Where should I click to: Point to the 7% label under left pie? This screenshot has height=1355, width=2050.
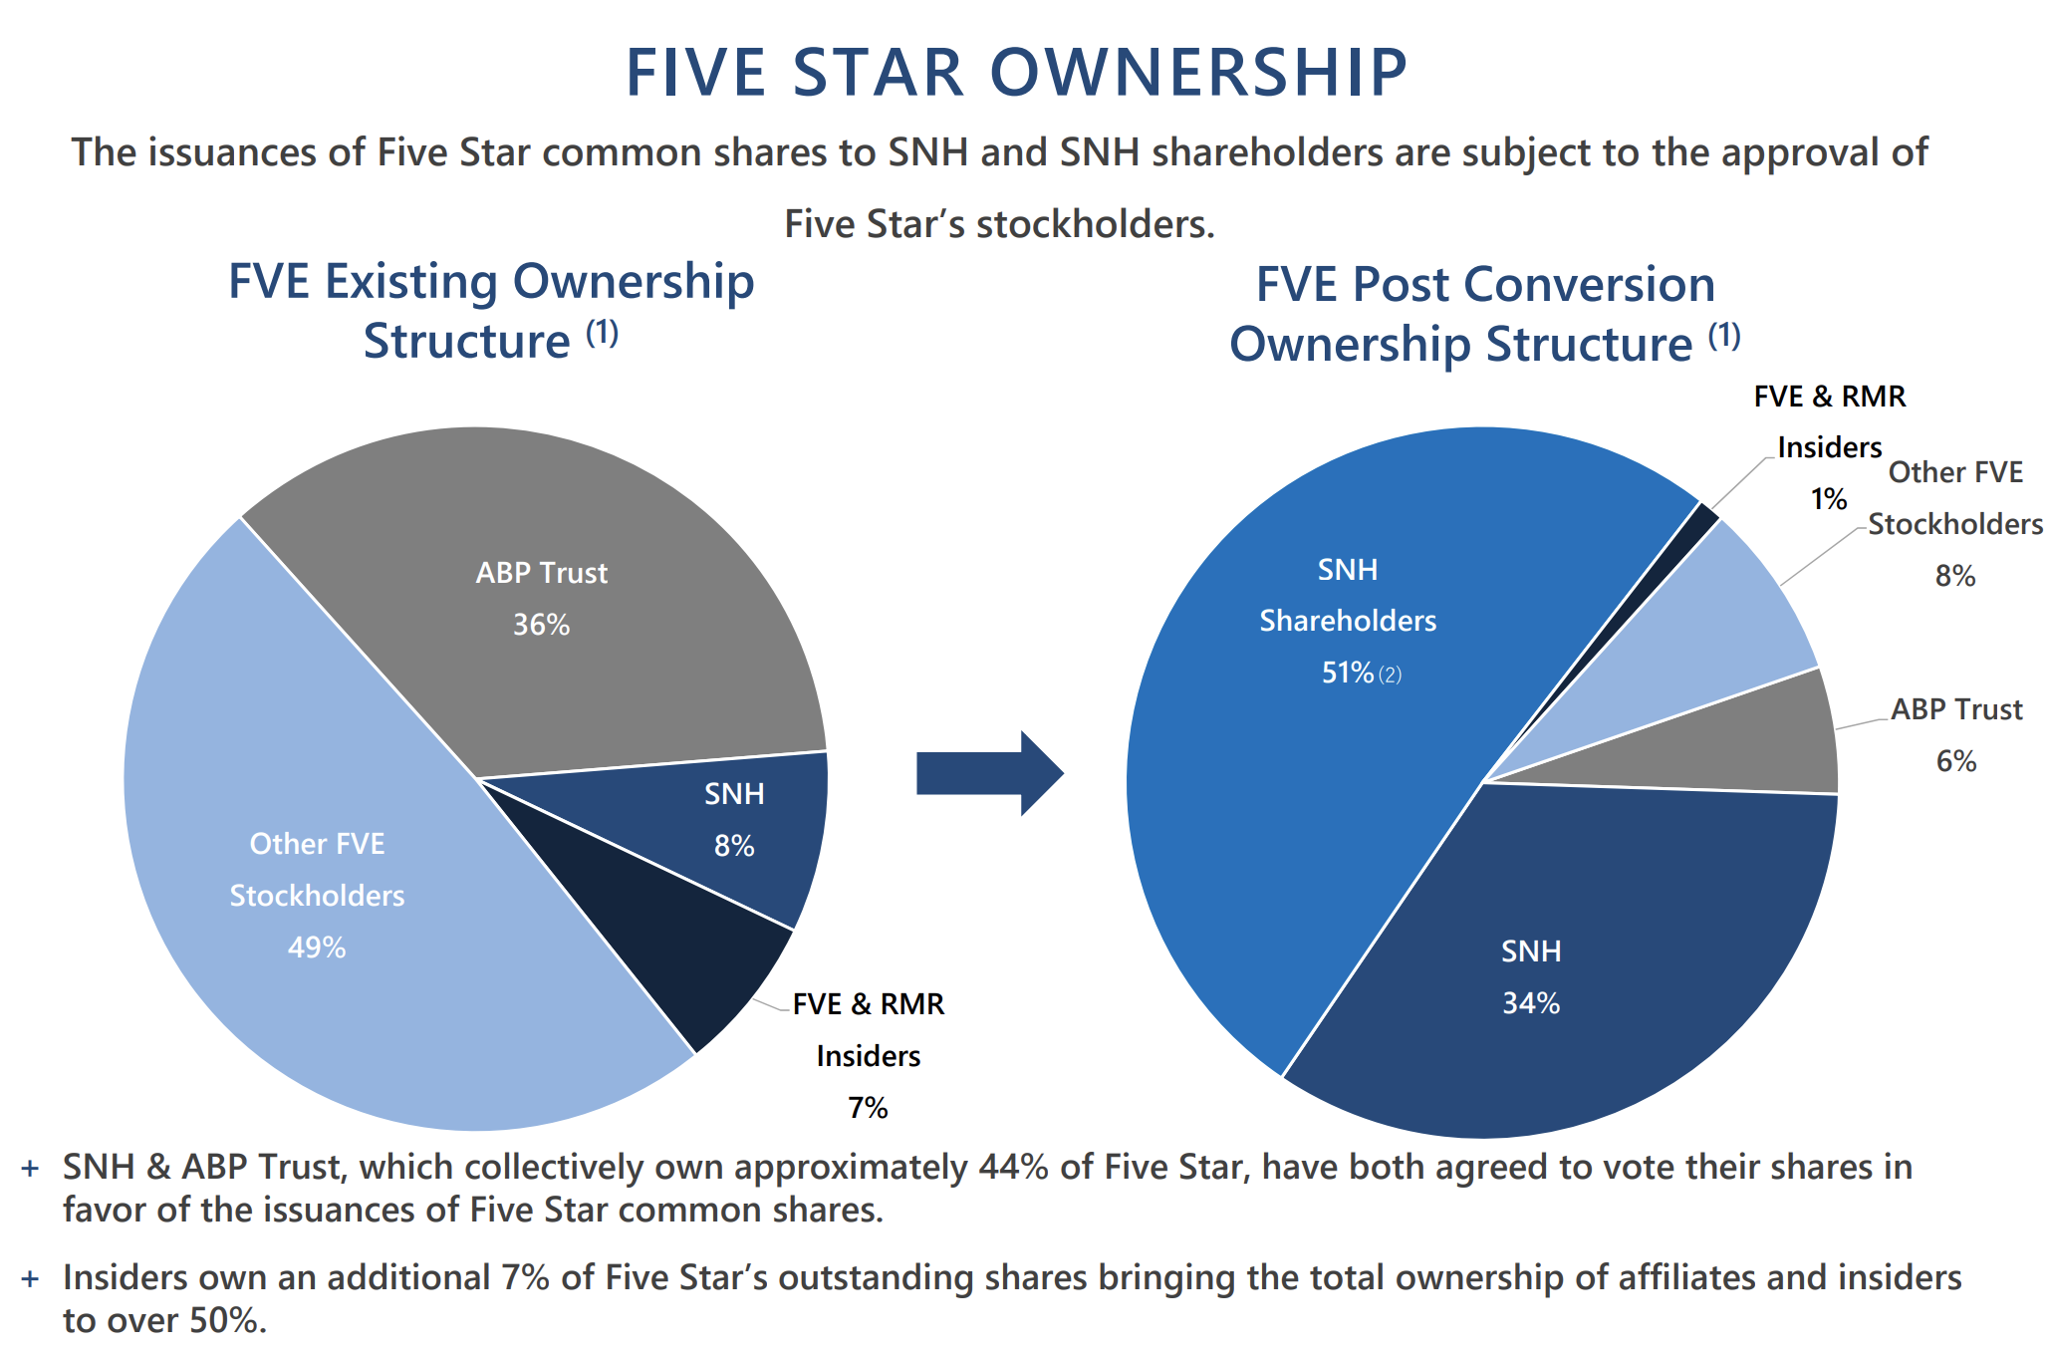pos(868,1108)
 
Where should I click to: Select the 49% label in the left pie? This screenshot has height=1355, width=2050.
pos(317,948)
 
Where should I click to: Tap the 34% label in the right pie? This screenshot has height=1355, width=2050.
pos(1531,1003)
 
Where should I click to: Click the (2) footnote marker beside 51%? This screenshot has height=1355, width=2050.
pos(1390,676)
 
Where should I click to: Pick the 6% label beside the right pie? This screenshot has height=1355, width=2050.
pos(1955,762)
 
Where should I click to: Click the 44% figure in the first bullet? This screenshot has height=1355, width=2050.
pos(1013,1168)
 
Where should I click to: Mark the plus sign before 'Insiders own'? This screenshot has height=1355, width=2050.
pos(31,1279)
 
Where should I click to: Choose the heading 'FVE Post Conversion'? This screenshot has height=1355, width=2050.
pos(1485,285)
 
